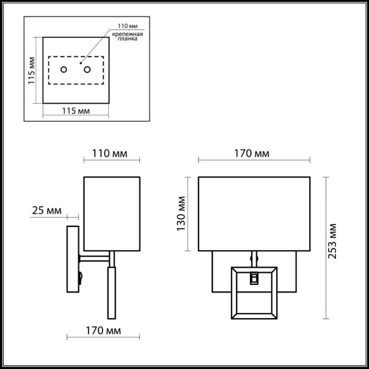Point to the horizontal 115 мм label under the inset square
click(75, 111)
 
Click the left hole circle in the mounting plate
click(64, 69)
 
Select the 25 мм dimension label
click(46, 211)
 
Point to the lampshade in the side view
click(111, 213)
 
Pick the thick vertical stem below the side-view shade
click(113, 293)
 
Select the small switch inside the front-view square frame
click(254, 278)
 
